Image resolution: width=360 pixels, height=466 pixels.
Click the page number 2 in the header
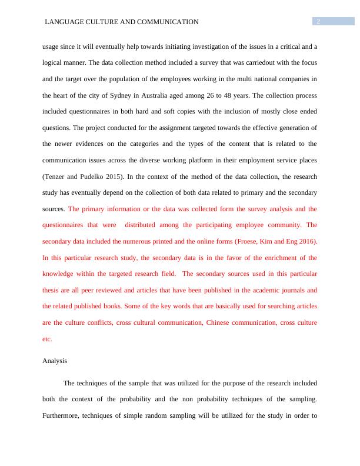(x=318, y=22)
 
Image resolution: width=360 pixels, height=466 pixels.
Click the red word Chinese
(x=216, y=322)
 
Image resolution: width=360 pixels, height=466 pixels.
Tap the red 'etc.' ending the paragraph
(x=48, y=339)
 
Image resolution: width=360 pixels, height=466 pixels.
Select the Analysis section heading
(x=55, y=361)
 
